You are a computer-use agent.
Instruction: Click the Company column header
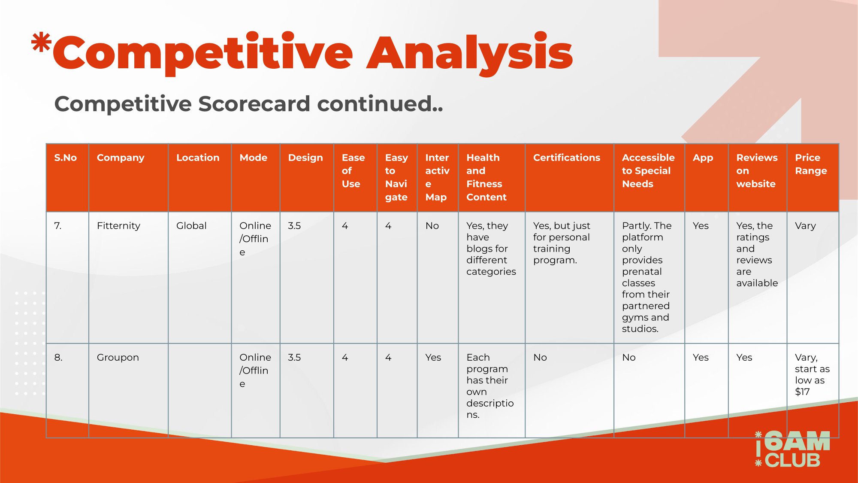(x=121, y=158)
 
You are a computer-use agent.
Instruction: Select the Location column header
(x=198, y=158)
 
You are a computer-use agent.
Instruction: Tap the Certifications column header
(x=567, y=158)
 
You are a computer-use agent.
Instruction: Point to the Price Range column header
(x=811, y=164)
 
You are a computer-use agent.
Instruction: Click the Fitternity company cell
(x=118, y=226)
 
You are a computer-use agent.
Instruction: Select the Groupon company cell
(x=118, y=358)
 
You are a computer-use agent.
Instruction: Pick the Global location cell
(x=191, y=226)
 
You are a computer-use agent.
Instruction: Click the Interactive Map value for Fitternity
(x=432, y=226)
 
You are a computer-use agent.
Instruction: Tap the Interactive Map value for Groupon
(x=433, y=358)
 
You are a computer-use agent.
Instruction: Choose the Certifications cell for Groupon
(x=540, y=358)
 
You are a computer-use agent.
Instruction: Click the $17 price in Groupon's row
(x=802, y=392)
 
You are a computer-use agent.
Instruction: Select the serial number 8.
(x=58, y=358)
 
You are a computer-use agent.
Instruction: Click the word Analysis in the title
(x=470, y=54)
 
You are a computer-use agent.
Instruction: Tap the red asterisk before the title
(x=41, y=43)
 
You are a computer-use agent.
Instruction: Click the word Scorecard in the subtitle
(x=254, y=104)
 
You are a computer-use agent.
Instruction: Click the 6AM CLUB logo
(x=792, y=449)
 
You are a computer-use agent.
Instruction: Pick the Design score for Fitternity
(x=294, y=226)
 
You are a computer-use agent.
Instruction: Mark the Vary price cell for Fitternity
(x=805, y=226)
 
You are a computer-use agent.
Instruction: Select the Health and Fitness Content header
(x=486, y=177)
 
